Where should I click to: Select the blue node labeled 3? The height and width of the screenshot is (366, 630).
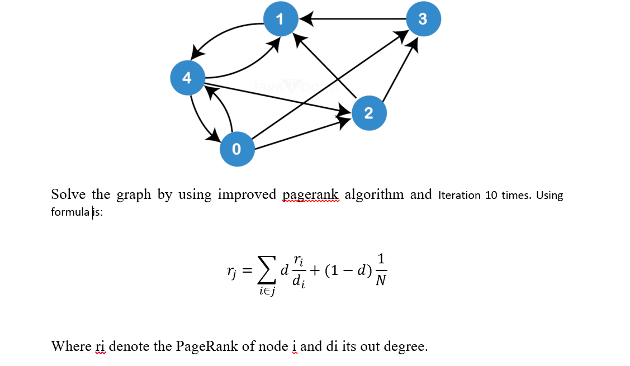click(x=423, y=19)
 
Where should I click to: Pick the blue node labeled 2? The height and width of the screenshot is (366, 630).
click(x=368, y=113)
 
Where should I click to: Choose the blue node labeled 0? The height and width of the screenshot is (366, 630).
click(x=236, y=149)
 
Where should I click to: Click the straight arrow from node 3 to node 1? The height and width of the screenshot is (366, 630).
click(x=358, y=19)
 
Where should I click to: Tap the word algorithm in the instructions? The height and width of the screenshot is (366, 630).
click(x=374, y=194)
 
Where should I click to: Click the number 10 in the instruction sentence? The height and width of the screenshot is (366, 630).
click(x=491, y=196)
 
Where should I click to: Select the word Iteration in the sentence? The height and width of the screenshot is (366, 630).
click(x=460, y=196)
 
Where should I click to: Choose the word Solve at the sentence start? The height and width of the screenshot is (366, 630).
click(x=69, y=194)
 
